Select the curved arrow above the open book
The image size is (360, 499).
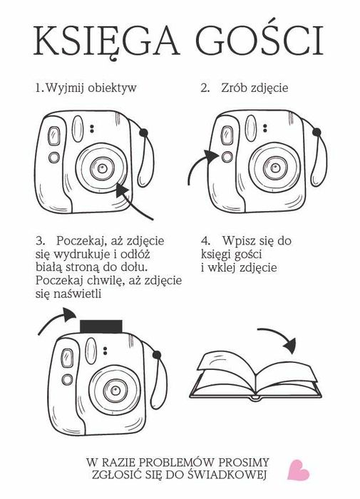click(279, 336)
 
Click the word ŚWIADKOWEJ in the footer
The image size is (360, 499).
click(226, 474)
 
